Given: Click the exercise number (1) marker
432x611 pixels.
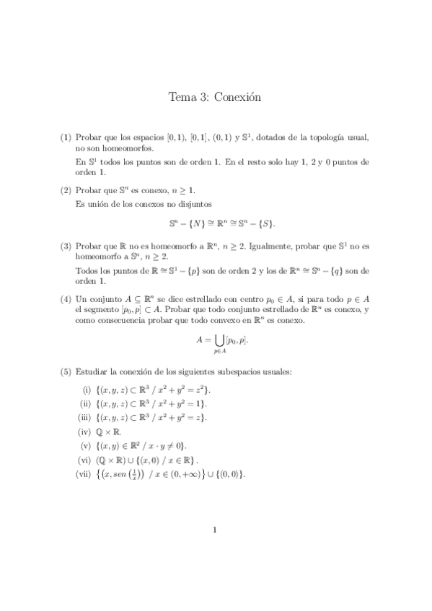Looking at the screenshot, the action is [x=66, y=138].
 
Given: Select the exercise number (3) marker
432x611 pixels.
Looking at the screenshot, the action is [x=66, y=246].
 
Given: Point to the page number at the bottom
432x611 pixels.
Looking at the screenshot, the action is [x=216, y=532].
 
